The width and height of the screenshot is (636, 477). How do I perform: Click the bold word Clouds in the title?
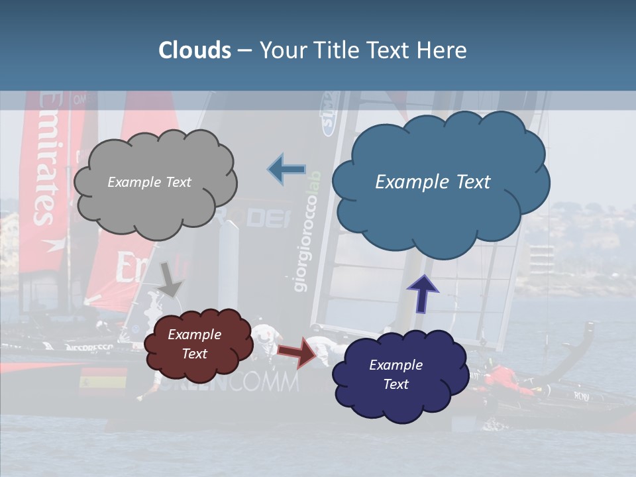[195, 50]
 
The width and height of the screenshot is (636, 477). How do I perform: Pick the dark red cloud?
[197, 344]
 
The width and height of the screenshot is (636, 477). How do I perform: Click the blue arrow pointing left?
[286, 170]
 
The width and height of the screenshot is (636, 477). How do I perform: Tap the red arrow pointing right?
[297, 351]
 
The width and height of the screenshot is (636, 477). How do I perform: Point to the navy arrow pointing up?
[423, 293]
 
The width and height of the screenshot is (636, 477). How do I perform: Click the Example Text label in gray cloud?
[149, 182]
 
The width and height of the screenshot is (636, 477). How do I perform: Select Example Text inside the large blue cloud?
[433, 182]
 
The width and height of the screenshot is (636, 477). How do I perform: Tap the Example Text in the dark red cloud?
[194, 344]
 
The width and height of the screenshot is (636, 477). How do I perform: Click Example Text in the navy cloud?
[396, 375]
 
